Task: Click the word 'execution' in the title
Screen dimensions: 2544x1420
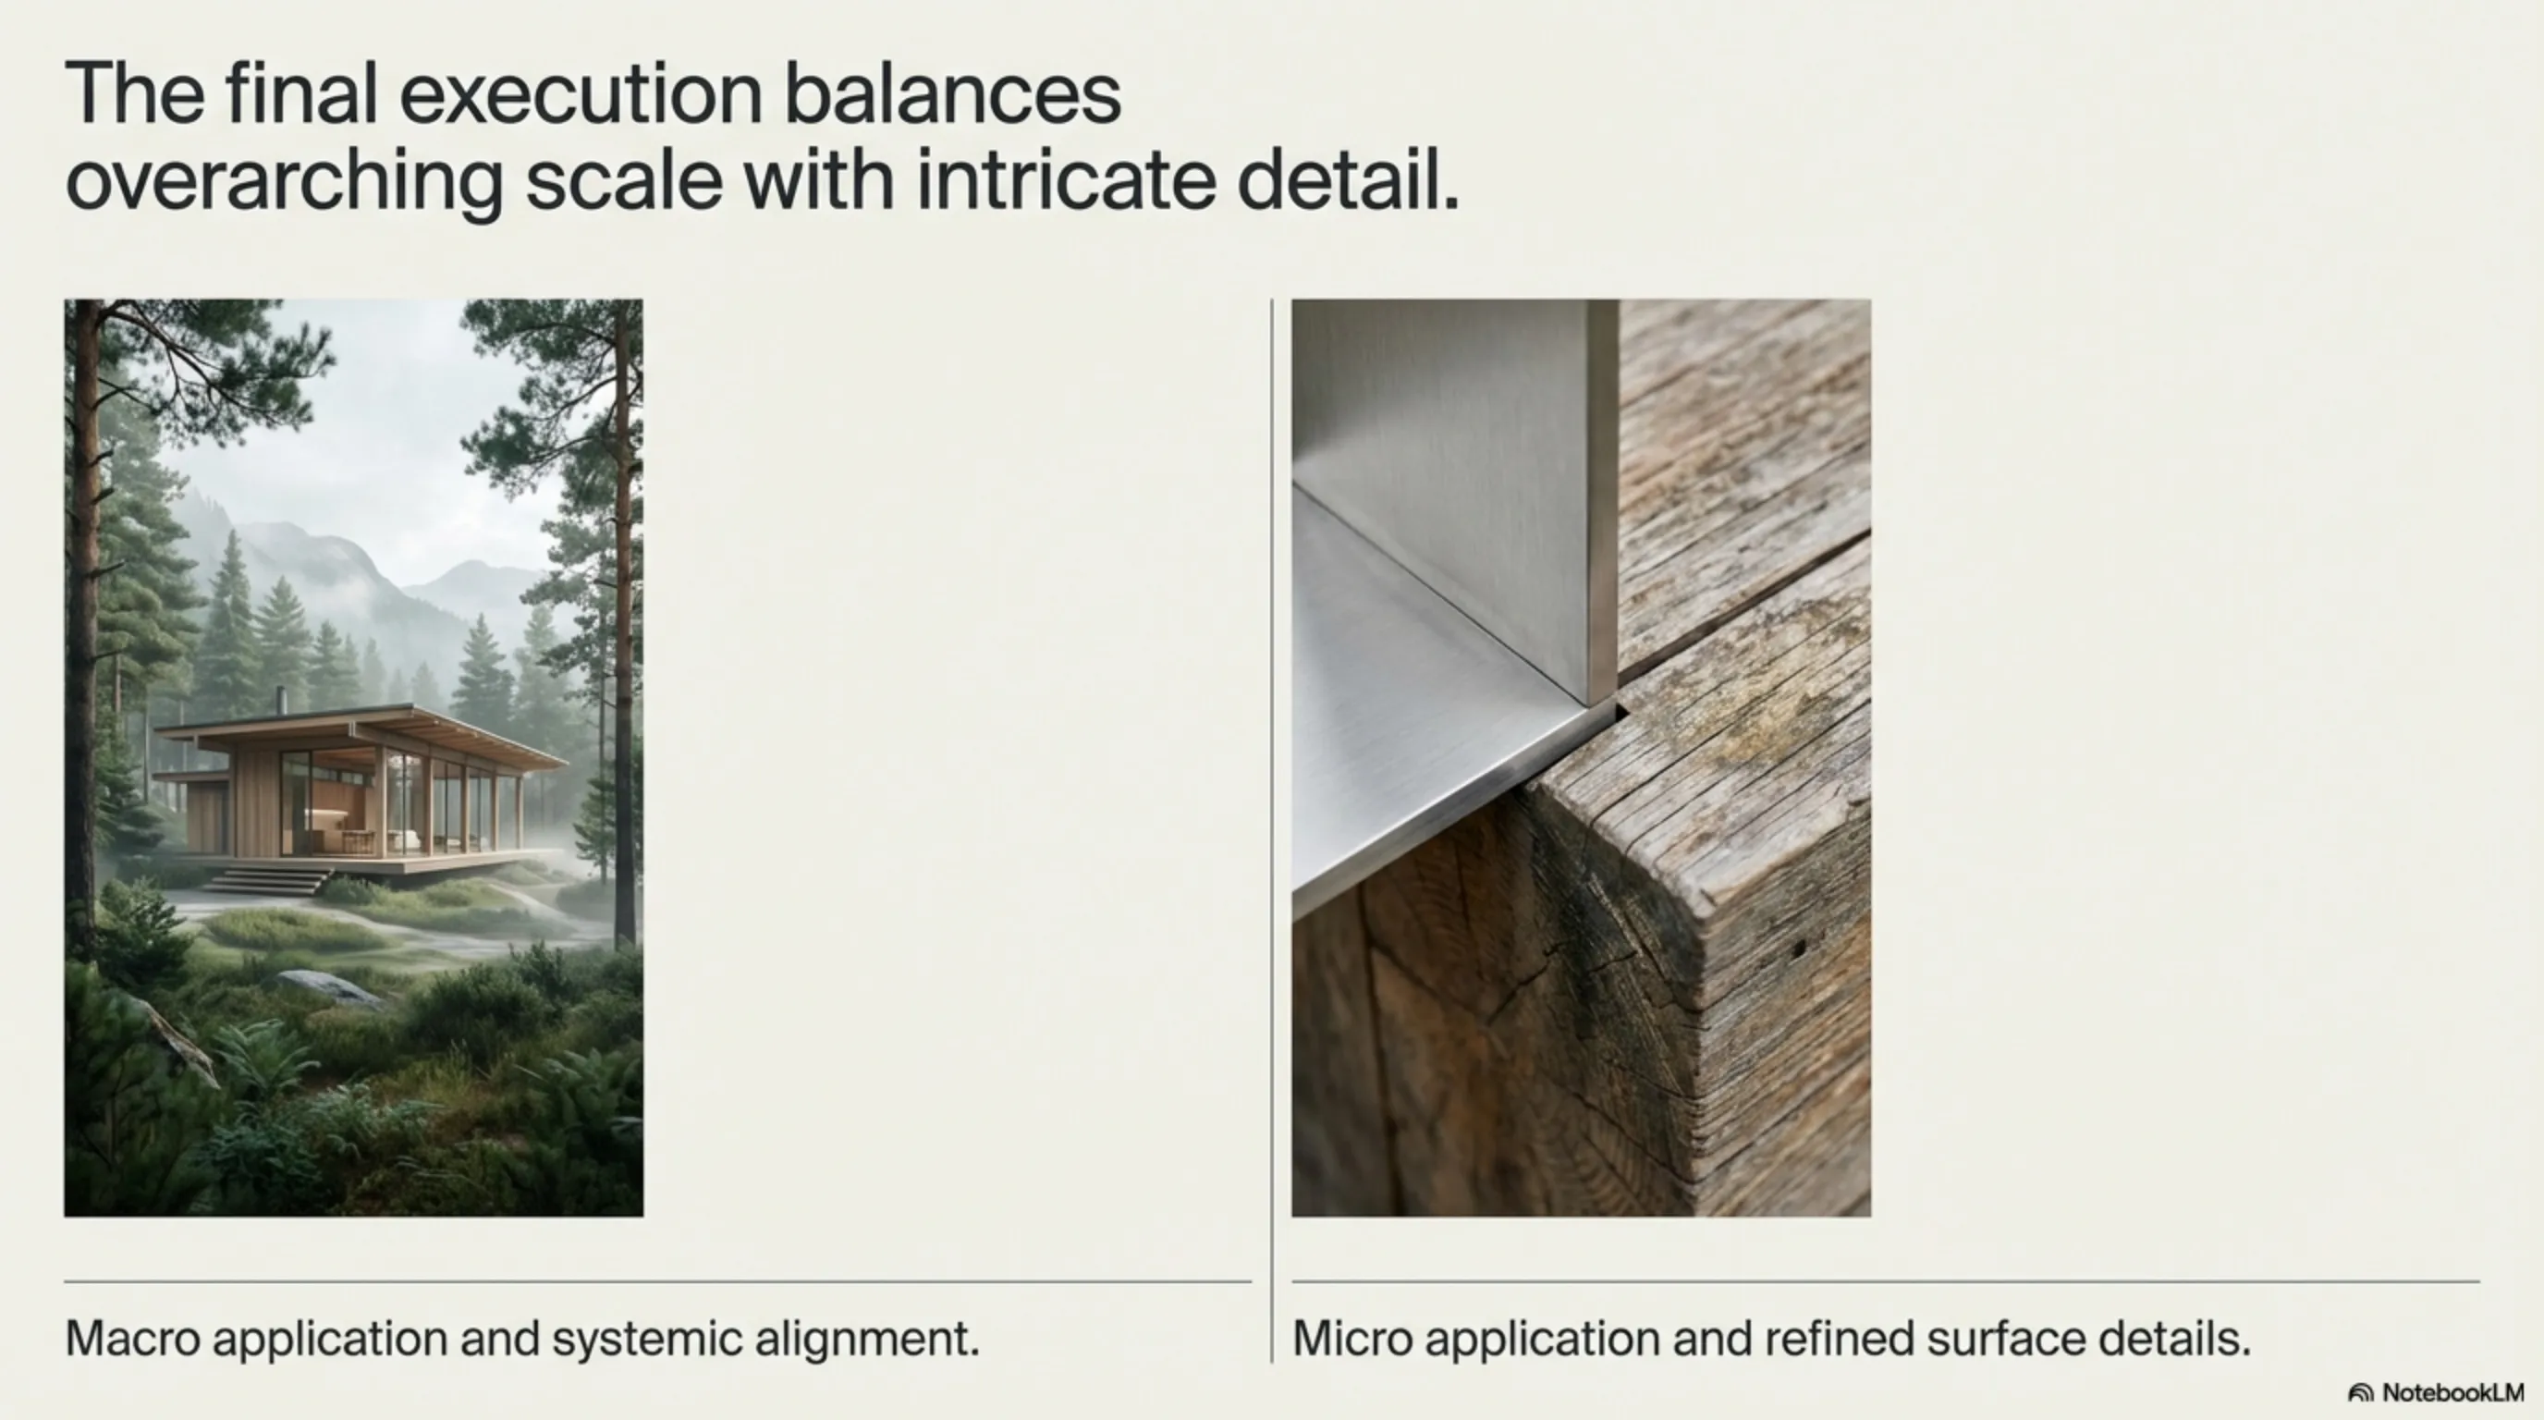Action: (x=581, y=95)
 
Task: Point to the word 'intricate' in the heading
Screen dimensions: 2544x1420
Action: (x=1066, y=179)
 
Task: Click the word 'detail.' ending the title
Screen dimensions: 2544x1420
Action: (x=1348, y=179)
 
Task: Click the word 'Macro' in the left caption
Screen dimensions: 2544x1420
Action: (x=131, y=1339)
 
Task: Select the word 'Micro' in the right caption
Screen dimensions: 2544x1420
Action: (x=1352, y=1339)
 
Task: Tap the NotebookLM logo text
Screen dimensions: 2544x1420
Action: (x=2452, y=1392)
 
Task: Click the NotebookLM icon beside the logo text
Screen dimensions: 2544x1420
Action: (x=2360, y=1393)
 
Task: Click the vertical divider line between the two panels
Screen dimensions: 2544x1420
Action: (x=1272, y=830)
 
